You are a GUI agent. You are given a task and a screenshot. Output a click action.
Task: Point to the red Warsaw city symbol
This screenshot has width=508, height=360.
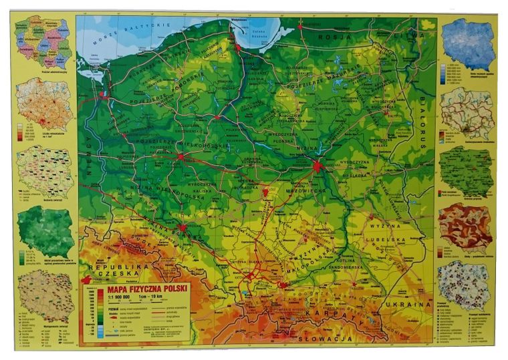tap(316, 166)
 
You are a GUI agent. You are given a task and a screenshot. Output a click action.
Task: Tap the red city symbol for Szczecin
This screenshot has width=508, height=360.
tap(104, 96)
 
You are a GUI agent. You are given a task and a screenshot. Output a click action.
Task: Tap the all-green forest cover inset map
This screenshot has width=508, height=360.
tap(45, 230)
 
